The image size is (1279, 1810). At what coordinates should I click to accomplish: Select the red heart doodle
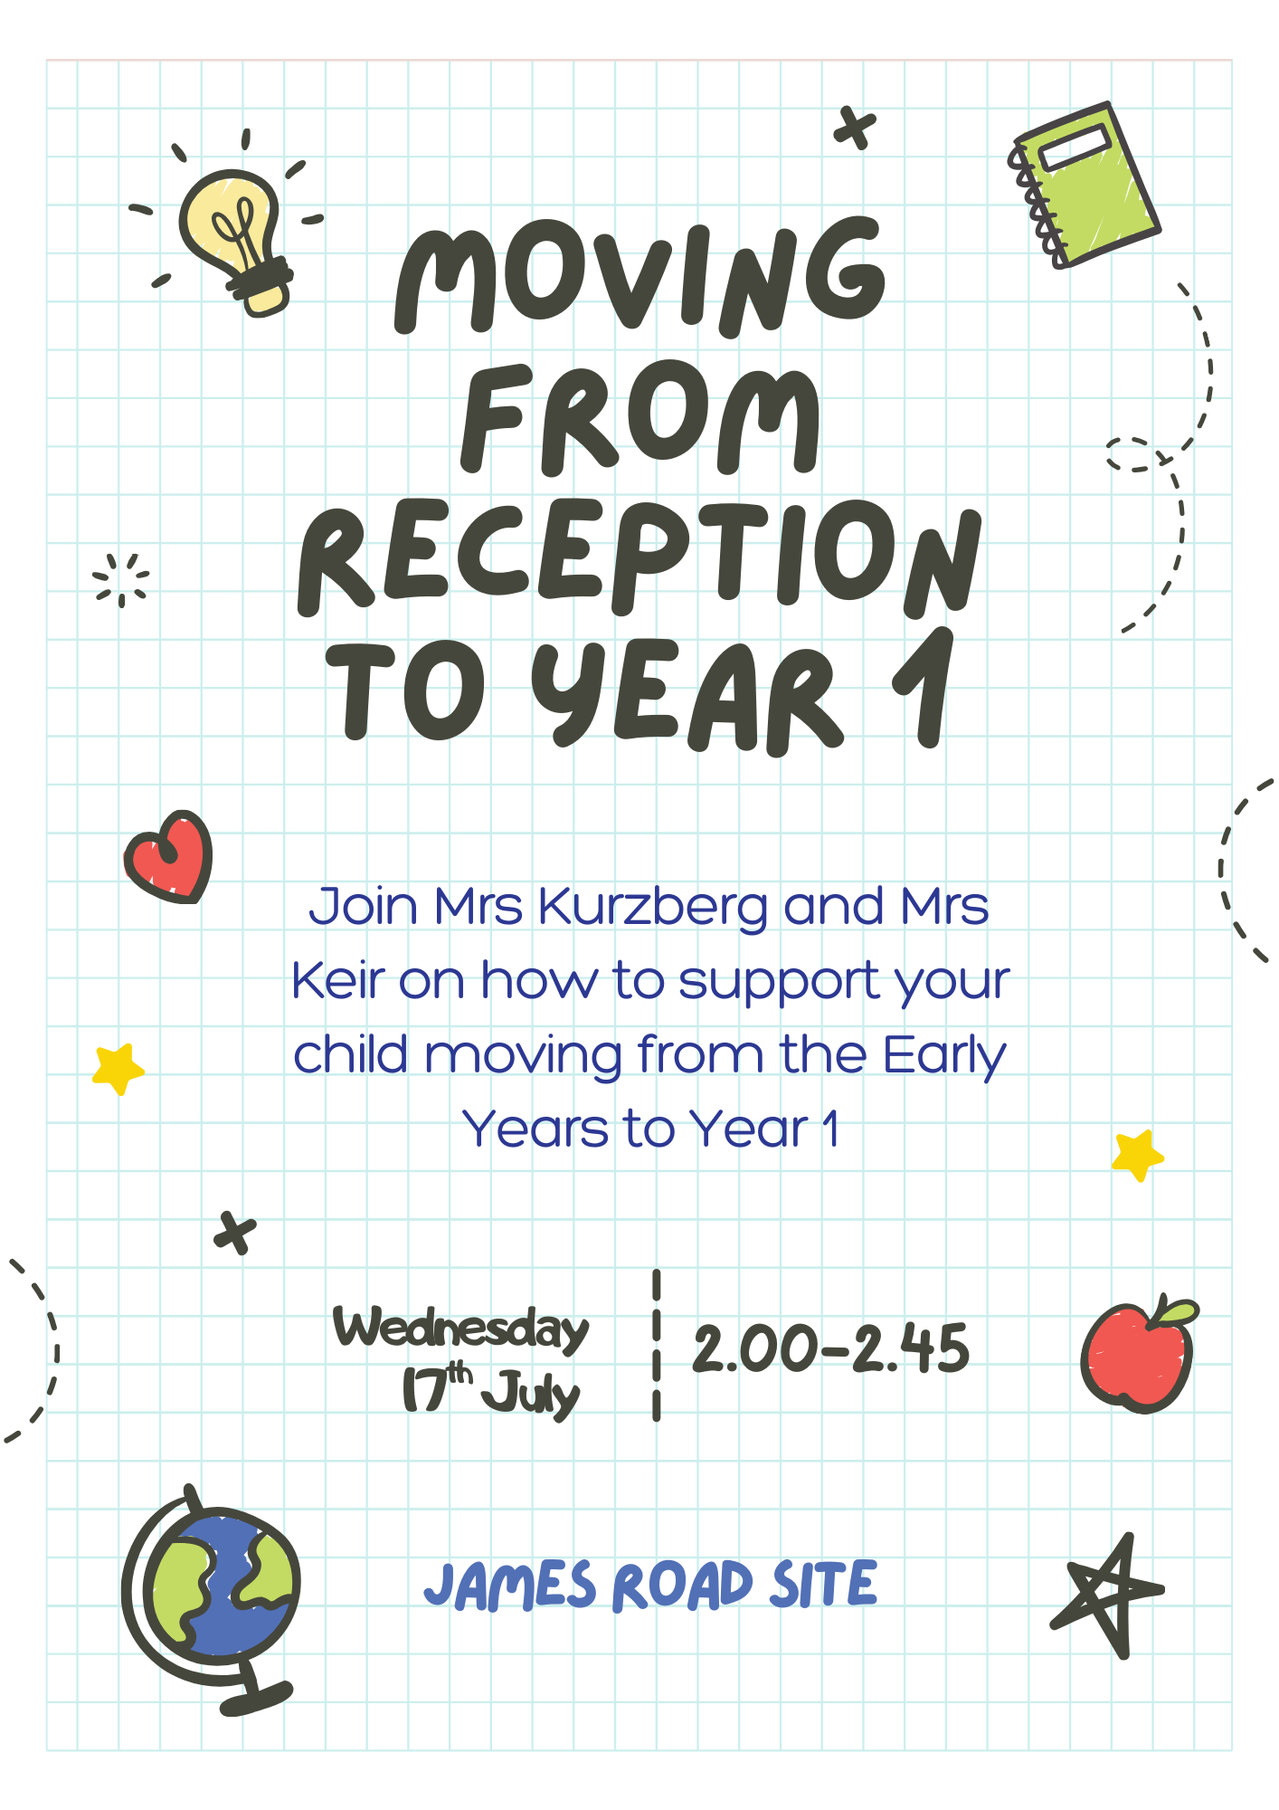click(x=169, y=856)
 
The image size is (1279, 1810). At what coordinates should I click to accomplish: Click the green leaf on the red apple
click(x=1174, y=1312)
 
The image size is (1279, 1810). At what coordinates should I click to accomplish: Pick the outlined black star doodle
click(x=1108, y=1596)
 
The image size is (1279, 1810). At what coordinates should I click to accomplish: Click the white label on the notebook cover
click(x=1075, y=148)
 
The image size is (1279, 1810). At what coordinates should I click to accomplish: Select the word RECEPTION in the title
click(x=639, y=556)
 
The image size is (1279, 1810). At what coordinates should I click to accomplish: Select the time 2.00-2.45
click(x=830, y=1349)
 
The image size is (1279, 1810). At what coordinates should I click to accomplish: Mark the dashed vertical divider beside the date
click(x=657, y=1345)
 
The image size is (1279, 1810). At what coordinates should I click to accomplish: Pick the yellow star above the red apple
click(x=1138, y=1155)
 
